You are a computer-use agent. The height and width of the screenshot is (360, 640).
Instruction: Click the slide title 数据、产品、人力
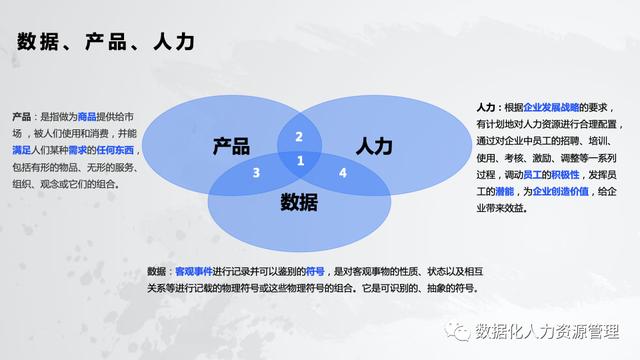tap(105, 42)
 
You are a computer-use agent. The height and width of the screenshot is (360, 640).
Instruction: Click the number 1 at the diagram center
tap(299, 160)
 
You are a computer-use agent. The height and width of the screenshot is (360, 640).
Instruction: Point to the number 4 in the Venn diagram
tap(343, 173)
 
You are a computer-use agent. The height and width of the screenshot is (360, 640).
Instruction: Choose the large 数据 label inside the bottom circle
tap(298, 202)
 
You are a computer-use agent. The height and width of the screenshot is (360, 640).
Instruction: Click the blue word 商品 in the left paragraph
tap(87, 117)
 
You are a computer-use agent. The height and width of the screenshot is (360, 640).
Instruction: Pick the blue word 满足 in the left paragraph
tap(22, 151)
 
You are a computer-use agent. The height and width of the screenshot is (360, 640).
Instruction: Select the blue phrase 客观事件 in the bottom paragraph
tap(193, 271)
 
